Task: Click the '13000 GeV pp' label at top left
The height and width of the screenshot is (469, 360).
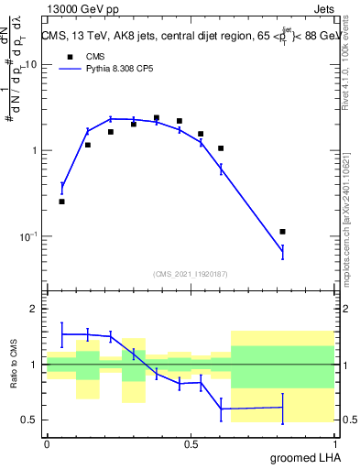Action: tap(80, 8)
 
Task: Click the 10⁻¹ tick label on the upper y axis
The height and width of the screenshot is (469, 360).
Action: tap(27, 236)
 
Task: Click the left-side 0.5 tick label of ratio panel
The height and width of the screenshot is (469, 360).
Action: tap(31, 420)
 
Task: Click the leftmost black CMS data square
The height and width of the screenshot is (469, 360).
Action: tap(61, 202)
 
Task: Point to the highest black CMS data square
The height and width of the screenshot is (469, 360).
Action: tap(157, 118)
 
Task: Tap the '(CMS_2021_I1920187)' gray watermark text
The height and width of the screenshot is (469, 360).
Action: tap(190, 273)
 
